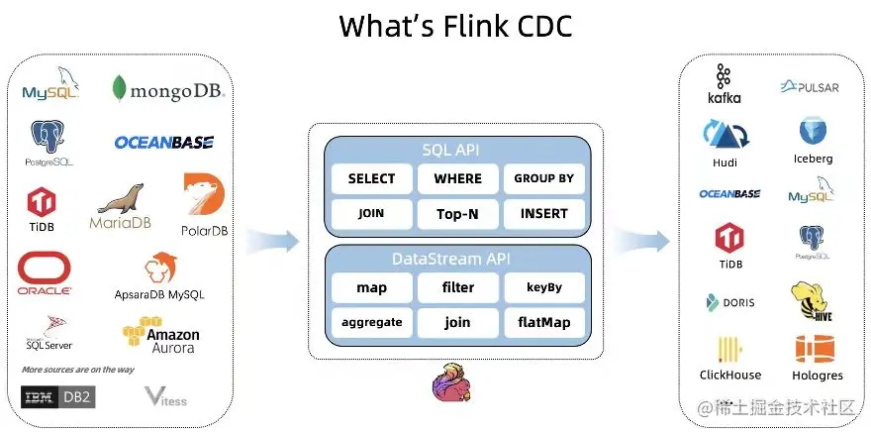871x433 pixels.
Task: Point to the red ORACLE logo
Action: [x=45, y=272]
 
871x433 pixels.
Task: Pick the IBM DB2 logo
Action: [x=57, y=397]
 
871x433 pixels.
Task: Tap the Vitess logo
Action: [x=165, y=396]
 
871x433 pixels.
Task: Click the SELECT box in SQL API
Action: [x=371, y=178]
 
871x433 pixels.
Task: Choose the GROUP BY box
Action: [x=543, y=178]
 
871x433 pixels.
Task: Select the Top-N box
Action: [x=457, y=213]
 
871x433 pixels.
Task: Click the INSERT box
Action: [x=543, y=213]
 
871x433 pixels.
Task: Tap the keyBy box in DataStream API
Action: [x=543, y=287]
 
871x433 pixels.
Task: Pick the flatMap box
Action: [x=543, y=322]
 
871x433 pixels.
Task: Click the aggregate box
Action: [x=371, y=322]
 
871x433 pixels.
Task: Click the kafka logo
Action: [x=724, y=84]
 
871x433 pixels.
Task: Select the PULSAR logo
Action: [x=810, y=87]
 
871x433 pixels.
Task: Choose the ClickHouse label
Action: [x=730, y=376]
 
